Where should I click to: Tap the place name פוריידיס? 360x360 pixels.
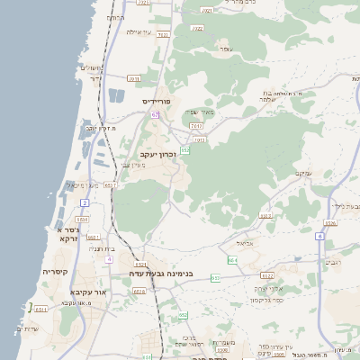(x=162, y=102)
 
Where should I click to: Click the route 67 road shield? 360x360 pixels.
(x=156, y=115)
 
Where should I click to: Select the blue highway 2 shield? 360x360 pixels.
(x=85, y=203)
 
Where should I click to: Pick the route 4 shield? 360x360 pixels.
(x=109, y=259)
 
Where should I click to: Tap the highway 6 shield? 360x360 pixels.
(x=319, y=236)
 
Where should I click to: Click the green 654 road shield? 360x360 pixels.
(x=232, y=260)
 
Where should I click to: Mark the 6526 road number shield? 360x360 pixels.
(x=330, y=223)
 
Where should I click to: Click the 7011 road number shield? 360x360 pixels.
(x=134, y=79)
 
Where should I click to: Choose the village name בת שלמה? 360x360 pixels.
(x=280, y=96)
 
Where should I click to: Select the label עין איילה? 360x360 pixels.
(x=136, y=31)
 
